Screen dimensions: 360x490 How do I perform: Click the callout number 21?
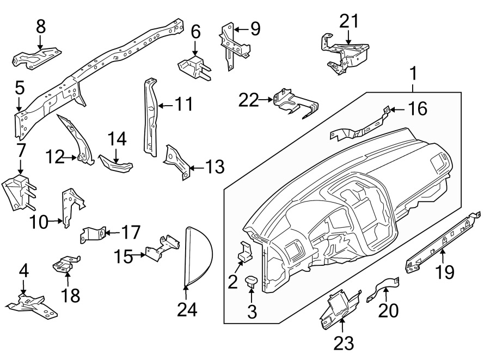350,21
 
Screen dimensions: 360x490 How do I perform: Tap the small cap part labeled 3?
252,281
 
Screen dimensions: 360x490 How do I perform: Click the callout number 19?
445,272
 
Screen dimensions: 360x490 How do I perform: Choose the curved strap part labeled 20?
384,288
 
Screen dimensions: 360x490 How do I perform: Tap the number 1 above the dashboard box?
414,73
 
